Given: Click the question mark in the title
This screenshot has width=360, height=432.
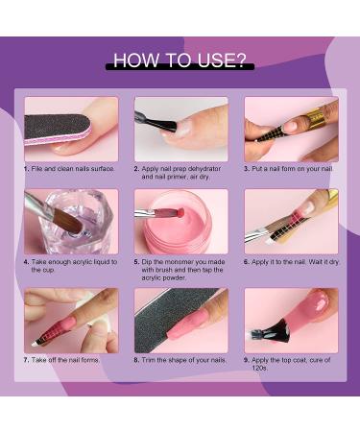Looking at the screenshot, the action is [x=239, y=60].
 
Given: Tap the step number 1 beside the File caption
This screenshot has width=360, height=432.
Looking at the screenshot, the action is [x=26, y=168].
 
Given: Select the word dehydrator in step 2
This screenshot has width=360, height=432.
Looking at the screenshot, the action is [x=204, y=168].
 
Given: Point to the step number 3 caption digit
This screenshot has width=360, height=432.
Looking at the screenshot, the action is [x=246, y=168].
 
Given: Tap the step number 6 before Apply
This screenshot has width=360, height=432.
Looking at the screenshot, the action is [x=246, y=262].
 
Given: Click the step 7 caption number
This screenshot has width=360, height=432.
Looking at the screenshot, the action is [x=26, y=360].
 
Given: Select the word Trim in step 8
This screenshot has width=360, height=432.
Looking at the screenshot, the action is [x=149, y=360].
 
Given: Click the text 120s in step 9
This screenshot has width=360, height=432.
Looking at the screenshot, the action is [x=259, y=368].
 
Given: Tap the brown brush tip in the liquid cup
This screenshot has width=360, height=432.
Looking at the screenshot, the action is [x=69, y=222].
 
